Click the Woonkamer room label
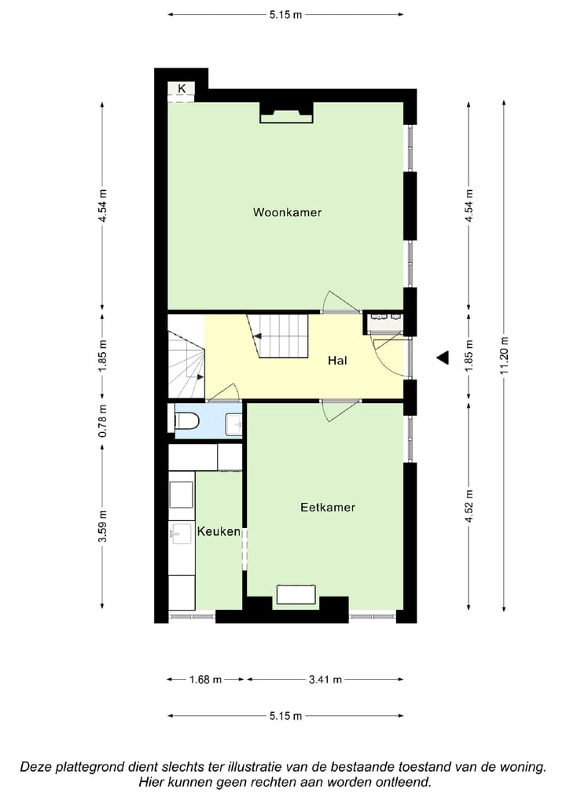point(287,212)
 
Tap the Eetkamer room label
point(327,508)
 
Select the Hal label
point(338,361)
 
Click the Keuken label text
point(219,532)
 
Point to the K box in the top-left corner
point(182,89)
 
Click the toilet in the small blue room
point(187,421)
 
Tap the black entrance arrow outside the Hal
point(443,358)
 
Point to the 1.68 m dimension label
point(206,680)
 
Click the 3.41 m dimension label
point(325,680)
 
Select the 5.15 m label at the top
point(285,13)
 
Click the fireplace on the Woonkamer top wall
point(286,115)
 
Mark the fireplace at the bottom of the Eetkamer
point(296,595)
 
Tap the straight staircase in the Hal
point(278,335)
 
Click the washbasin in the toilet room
point(234,424)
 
